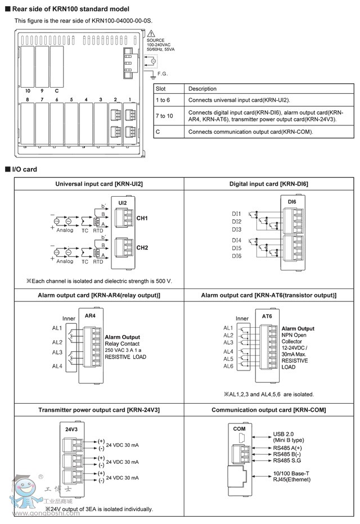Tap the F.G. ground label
(163, 74)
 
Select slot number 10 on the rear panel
(27, 91)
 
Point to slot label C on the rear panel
(56, 91)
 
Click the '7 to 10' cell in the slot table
(163, 116)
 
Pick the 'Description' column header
(202, 89)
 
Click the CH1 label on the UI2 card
(142, 218)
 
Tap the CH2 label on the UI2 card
(142, 247)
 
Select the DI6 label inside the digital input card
(292, 201)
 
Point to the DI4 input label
(236, 240)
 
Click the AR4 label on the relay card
(89, 316)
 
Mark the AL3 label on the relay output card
(57, 353)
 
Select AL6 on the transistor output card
(228, 366)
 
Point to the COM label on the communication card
(239, 428)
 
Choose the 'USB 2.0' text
(283, 433)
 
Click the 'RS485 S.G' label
(287, 459)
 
